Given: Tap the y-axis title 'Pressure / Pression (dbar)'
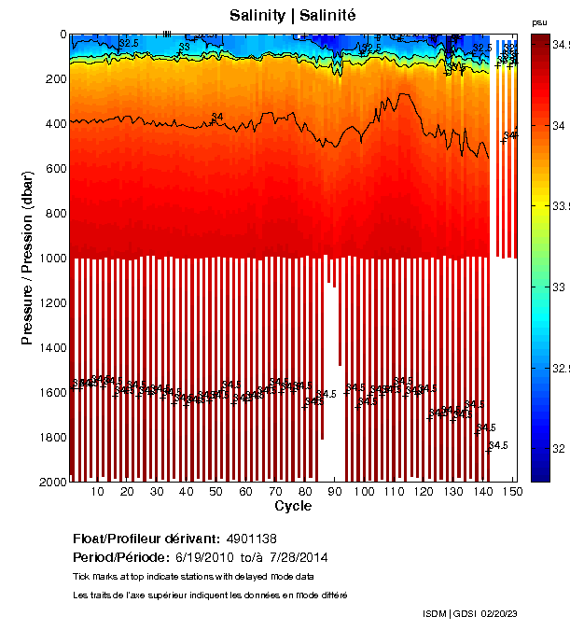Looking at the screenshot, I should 28,258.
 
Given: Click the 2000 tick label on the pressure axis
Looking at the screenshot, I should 49,482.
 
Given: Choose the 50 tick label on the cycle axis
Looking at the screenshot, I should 215,492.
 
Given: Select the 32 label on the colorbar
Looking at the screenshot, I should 557,449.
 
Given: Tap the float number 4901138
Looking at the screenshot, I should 251,539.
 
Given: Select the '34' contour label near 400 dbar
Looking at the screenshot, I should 217,117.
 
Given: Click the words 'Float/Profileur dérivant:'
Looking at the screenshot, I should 146,539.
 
